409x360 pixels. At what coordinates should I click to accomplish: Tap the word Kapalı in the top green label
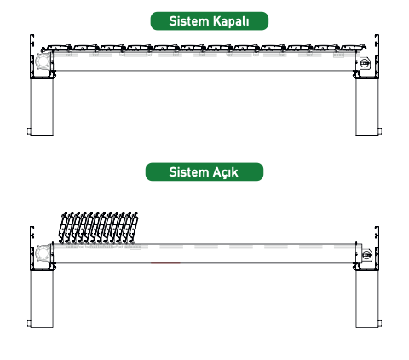[231, 21]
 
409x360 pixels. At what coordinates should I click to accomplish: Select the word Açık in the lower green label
[225, 172]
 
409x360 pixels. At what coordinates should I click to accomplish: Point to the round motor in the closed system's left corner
[43, 61]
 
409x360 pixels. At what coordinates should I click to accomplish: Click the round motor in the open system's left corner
[43, 253]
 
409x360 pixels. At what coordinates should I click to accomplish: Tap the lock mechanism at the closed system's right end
[366, 63]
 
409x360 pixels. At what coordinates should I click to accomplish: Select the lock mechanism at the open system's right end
[366, 254]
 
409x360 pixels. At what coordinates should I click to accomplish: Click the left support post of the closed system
[42, 107]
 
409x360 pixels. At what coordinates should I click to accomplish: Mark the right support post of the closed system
[367, 107]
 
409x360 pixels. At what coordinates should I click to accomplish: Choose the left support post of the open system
[42, 299]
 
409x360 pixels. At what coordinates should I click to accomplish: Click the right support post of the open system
[367, 299]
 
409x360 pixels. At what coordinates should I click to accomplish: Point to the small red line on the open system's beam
[165, 263]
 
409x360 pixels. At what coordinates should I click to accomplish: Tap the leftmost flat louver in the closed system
[58, 48]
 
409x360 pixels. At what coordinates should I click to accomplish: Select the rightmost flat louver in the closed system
[353, 47]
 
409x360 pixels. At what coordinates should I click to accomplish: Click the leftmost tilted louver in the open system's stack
[64, 228]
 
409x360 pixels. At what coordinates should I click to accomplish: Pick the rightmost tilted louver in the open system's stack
[133, 228]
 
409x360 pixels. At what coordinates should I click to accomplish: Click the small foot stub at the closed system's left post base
[29, 132]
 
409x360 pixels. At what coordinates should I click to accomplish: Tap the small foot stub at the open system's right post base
[380, 323]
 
